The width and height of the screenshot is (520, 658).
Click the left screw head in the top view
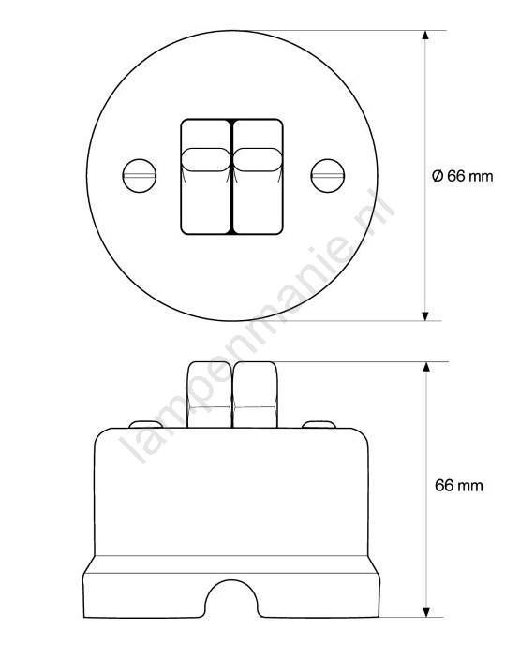tap(140, 176)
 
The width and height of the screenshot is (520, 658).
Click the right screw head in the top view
tap(328, 176)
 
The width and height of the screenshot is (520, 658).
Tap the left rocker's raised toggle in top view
tap(206, 159)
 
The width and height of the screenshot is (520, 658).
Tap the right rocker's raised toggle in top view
tap(257, 159)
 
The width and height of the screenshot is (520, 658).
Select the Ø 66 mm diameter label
tap(462, 176)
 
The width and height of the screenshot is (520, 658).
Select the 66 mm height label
tap(459, 486)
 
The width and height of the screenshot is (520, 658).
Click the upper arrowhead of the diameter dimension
tap(425, 35)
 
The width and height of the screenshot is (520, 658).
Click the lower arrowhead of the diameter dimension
tap(425, 316)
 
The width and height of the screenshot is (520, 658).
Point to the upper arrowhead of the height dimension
tap(426, 366)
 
